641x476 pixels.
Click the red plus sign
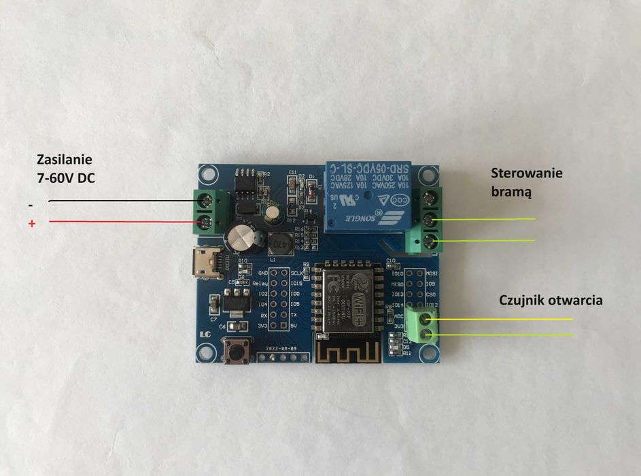tap(31, 224)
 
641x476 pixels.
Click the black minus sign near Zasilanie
tap(30, 204)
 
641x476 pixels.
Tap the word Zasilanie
tap(64, 160)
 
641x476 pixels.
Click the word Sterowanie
tap(527, 173)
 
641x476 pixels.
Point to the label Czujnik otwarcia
tap(551, 300)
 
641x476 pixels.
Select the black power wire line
tap(122, 201)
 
